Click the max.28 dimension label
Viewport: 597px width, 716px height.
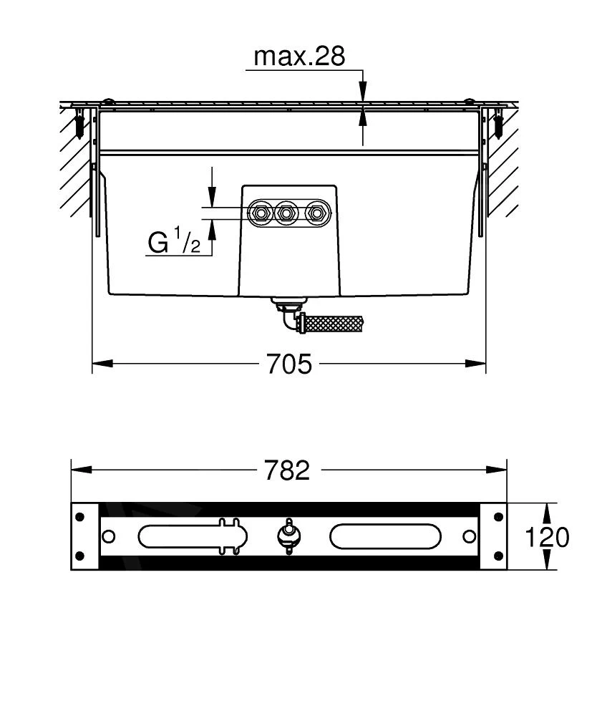click(299, 57)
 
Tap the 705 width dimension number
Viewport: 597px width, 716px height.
click(289, 364)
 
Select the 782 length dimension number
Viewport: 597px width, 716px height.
click(287, 470)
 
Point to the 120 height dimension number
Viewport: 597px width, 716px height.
click(547, 537)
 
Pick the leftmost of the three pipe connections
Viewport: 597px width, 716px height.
click(260, 213)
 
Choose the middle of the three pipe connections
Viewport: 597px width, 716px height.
click(286, 213)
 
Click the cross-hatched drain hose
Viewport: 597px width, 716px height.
click(333, 324)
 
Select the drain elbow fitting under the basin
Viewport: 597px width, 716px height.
click(288, 314)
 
